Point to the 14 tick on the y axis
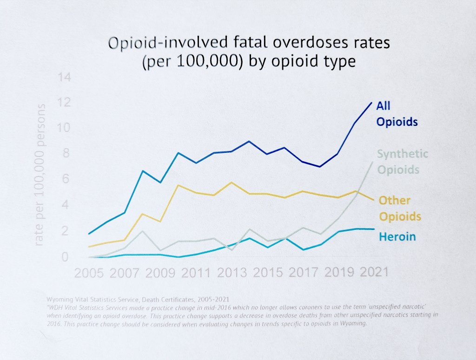[x=64, y=77]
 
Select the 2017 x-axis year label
[x=300, y=272]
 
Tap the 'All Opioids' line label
[x=397, y=114]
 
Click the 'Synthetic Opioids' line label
[x=402, y=162]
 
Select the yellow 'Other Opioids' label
[x=400, y=209]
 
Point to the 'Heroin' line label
[x=397, y=237]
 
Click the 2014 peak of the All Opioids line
[x=249, y=141]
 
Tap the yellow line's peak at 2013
[x=231, y=182]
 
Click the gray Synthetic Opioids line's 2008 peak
[x=143, y=231]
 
